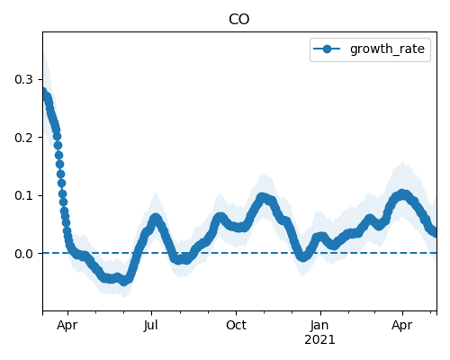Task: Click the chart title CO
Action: pyautogui.click(x=238, y=20)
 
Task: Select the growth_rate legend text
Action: pyautogui.click(x=387, y=49)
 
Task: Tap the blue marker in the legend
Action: pyautogui.click(x=327, y=49)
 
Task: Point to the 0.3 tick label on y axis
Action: pyautogui.click(x=23, y=79)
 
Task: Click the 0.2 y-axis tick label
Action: pyautogui.click(x=23, y=138)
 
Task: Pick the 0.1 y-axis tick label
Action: pyautogui.click(x=23, y=195)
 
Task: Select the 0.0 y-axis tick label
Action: pyautogui.click(x=23, y=254)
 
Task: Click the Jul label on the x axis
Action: pyautogui.click(x=150, y=325)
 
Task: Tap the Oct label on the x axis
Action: pyautogui.click(x=236, y=325)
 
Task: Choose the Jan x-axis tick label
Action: pyautogui.click(x=319, y=325)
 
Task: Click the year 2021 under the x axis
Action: pyautogui.click(x=319, y=340)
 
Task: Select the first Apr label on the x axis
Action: pyautogui.click(x=67, y=326)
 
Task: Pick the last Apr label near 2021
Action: pyautogui.click(x=402, y=326)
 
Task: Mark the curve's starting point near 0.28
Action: pyautogui.click(x=43, y=92)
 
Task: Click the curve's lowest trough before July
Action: pyautogui.click(x=124, y=282)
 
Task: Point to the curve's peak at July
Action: pyautogui.click(x=156, y=218)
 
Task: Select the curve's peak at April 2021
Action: pyautogui.click(x=402, y=193)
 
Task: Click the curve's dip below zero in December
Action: pyautogui.click(x=303, y=257)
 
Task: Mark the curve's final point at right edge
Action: pyautogui.click(x=434, y=233)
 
